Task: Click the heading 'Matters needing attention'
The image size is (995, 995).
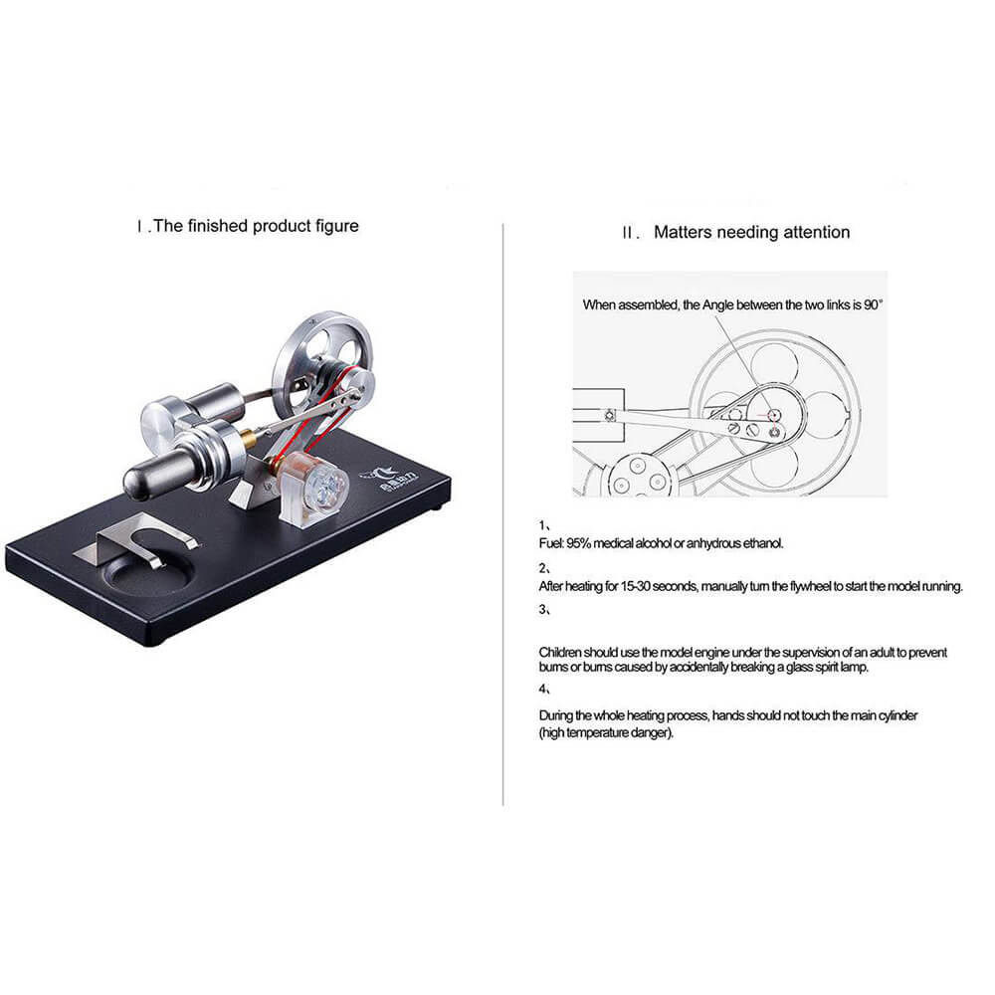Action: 751,232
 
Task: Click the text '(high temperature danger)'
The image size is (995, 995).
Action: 606,733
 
